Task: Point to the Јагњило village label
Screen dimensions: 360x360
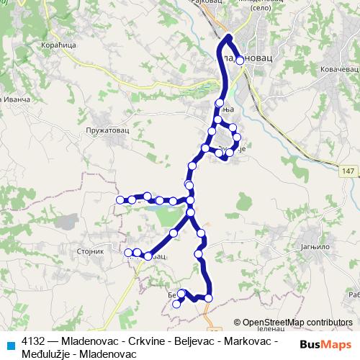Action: point(315,245)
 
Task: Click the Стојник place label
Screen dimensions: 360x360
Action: point(90,252)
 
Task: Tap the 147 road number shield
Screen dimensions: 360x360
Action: point(348,171)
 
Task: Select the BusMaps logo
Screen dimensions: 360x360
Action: point(325,343)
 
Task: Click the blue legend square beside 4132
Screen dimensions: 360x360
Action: point(11,344)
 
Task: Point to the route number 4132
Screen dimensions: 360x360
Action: point(34,340)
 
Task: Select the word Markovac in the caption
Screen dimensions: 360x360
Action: point(248,340)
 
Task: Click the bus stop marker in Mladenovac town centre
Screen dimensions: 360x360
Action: point(240,60)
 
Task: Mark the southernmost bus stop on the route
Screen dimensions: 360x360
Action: point(176,305)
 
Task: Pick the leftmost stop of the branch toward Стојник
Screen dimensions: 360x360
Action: point(129,252)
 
